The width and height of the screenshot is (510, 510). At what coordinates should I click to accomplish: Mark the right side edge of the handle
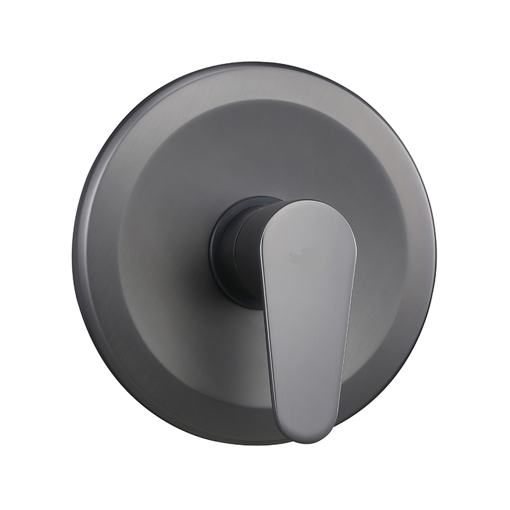349,300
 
